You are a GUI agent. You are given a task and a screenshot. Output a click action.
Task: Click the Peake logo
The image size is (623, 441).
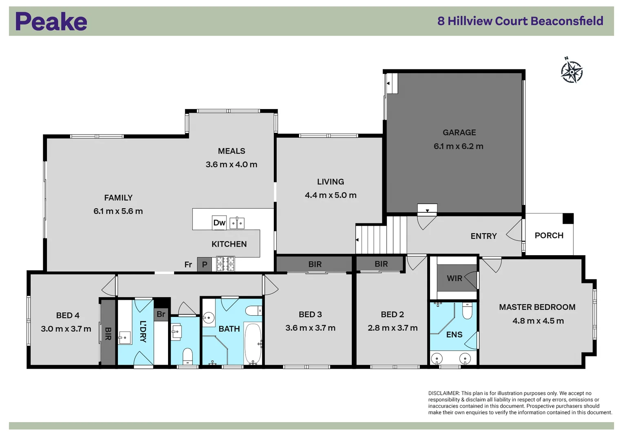(51, 22)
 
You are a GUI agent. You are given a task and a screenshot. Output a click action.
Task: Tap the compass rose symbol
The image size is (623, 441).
(572, 72)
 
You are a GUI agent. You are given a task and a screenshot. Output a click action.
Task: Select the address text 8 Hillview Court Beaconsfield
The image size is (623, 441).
(520, 21)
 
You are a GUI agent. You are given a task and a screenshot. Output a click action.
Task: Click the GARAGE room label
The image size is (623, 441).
(459, 132)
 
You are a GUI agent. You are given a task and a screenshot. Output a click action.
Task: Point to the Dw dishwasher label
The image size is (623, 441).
(219, 223)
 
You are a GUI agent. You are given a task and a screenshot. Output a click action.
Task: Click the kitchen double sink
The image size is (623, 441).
(237, 223)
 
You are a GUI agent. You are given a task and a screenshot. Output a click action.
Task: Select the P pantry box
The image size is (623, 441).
(204, 265)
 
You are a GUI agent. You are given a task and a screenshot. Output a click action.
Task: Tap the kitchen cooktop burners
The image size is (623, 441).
(225, 264)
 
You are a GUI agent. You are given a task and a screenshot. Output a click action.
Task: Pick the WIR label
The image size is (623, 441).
(454, 278)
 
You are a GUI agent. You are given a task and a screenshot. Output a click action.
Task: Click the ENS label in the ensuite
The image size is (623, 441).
(454, 335)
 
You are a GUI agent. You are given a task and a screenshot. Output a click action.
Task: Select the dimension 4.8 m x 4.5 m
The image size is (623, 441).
(538, 321)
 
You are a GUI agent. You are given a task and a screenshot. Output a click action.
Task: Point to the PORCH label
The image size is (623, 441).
(549, 236)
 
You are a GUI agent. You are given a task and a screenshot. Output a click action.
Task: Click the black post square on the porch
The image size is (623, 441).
(568, 218)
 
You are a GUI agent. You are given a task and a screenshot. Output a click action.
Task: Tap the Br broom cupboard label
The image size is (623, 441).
(161, 314)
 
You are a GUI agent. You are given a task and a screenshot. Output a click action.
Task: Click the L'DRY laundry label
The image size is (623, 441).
(143, 331)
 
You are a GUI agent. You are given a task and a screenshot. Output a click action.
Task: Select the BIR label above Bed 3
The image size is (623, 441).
(315, 264)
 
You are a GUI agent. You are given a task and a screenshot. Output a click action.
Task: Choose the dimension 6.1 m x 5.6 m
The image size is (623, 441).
(118, 211)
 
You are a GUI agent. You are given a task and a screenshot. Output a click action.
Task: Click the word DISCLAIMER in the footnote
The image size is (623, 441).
(444, 393)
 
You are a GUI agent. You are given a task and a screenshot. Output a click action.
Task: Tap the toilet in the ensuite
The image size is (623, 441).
(467, 311)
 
